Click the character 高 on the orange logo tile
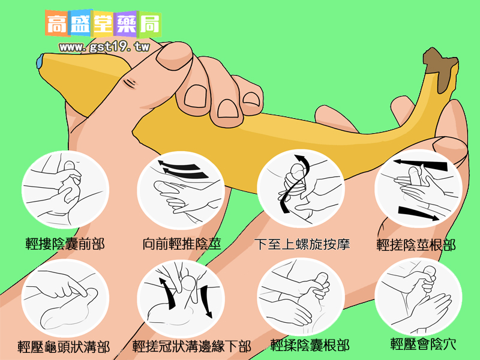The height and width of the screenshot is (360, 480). pos(57,24)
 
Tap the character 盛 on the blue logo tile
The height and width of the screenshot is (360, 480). pos(80,24)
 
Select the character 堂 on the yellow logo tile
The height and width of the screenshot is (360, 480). pos(103,24)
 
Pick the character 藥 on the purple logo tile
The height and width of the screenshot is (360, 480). pos(127,24)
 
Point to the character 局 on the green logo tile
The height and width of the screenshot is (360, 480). pos(150,24)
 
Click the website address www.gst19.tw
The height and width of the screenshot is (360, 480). pos(104,47)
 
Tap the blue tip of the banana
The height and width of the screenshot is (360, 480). pos(40,62)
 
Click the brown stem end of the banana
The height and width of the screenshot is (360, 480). pos(440,68)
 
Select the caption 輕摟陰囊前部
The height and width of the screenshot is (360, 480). pos(65,244)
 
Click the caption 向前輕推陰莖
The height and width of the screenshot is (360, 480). pos(182,244)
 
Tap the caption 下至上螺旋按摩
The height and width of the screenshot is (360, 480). pos(302,244)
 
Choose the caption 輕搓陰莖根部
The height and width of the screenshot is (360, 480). pos(416,245)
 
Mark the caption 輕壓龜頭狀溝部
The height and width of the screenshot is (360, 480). pos(64,347)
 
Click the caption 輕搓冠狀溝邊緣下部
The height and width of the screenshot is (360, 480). pos(191,346)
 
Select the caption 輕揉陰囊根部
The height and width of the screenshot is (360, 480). pos(310,346)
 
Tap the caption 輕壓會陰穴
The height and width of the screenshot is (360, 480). pos(424,344)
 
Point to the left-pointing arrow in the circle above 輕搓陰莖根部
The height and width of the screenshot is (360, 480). pos(421,164)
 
